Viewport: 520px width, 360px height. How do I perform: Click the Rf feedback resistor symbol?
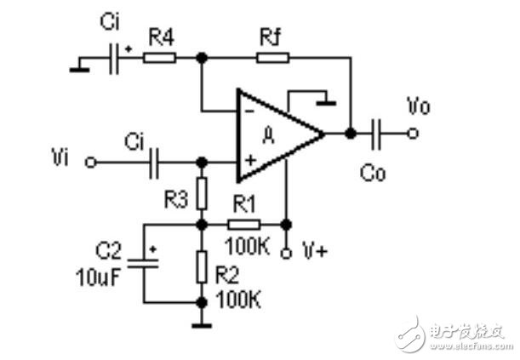click(273, 58)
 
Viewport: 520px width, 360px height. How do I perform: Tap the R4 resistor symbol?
click(159, 58)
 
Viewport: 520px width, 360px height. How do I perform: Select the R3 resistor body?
click(202, 194)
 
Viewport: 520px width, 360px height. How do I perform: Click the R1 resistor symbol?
click(245, 225)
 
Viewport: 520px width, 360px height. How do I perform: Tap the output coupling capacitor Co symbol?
click(377, 133)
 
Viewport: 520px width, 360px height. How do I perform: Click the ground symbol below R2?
click(202, 322)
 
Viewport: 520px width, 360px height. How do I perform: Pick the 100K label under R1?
click(246, 246)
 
